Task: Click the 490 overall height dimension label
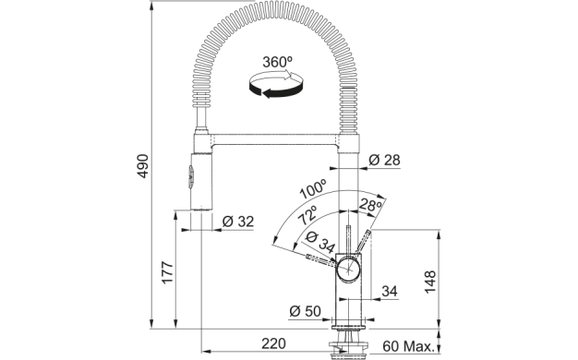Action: point(143,166)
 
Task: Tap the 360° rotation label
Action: point(278,62)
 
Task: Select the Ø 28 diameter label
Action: point(384,160)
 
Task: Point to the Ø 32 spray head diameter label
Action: point(238,222)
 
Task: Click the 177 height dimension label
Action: point(168,272)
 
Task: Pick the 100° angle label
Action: point(313,189)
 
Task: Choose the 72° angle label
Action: point(307,215)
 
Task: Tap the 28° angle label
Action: point(370,205)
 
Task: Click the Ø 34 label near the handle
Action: point(320,242)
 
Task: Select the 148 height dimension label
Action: point(430,282)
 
